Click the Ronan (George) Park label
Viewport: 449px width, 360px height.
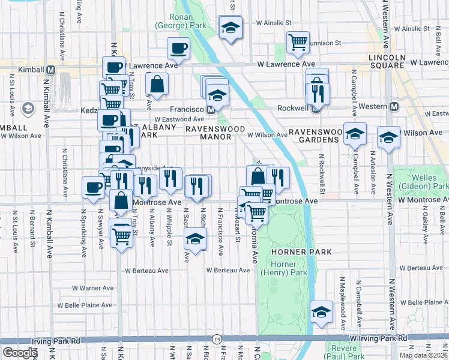click(x=180, y=21)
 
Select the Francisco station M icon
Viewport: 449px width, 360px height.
click(x=211, y=110)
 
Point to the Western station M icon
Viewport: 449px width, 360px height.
click(x=394, y=107)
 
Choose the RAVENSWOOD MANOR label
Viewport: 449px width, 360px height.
click(x=215, y=133)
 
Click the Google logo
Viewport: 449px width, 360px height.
click(x=19, y=352)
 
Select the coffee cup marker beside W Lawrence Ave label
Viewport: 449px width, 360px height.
click(x=178, y=47)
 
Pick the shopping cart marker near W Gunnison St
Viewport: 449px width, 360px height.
click(x=298, y=41)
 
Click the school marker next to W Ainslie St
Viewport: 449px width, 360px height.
click(x=230, y=27)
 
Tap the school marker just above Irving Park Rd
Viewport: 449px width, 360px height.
click(x=322, y=311)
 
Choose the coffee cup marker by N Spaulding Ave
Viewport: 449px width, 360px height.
click(x=93, y=187)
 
